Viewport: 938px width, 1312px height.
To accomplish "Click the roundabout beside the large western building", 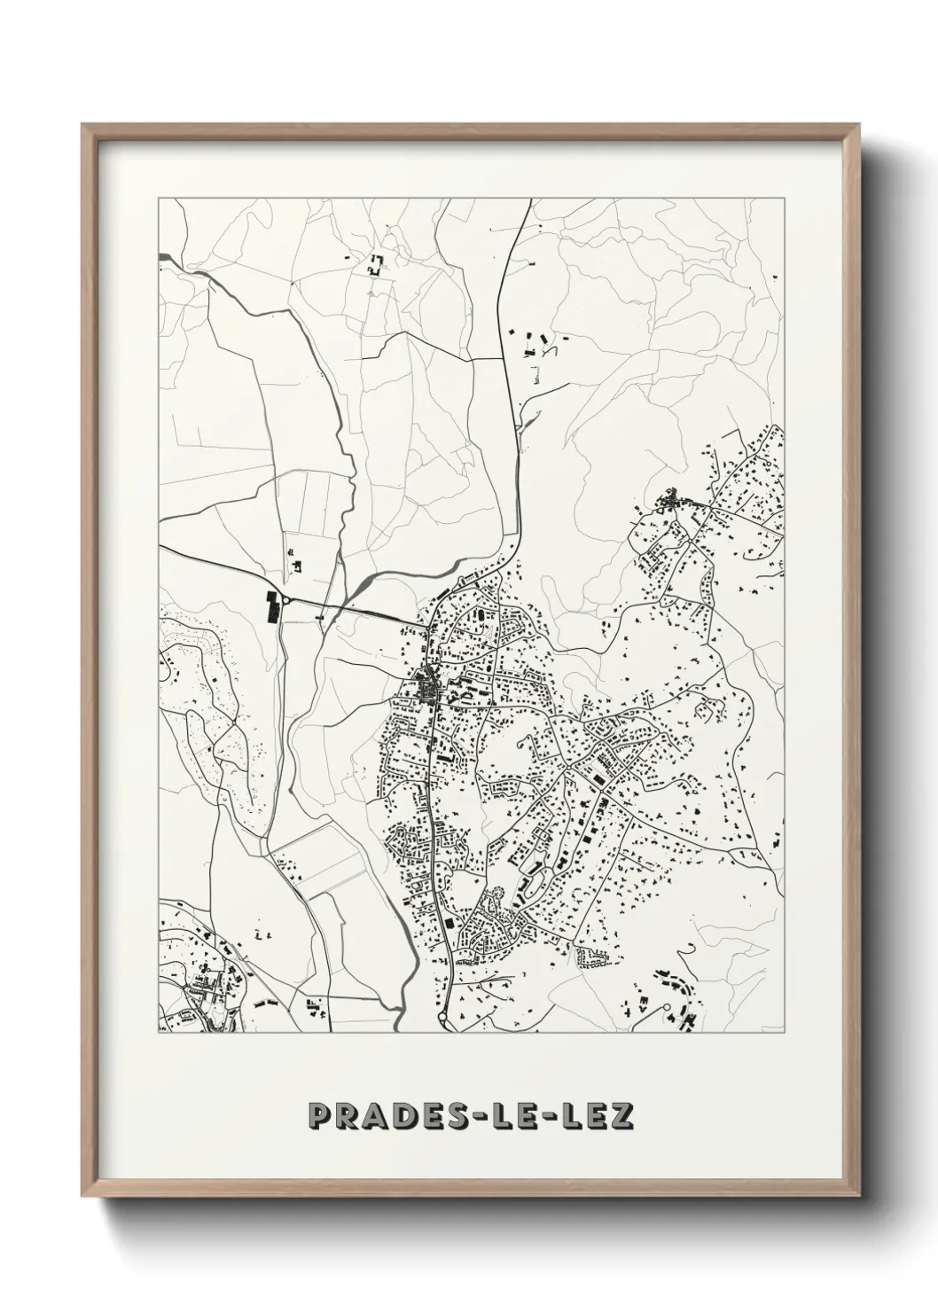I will pos(286,602).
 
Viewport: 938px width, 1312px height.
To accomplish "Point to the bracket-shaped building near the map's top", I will pos(376,263).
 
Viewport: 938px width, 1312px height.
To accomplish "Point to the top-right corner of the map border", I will pos(785,199).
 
